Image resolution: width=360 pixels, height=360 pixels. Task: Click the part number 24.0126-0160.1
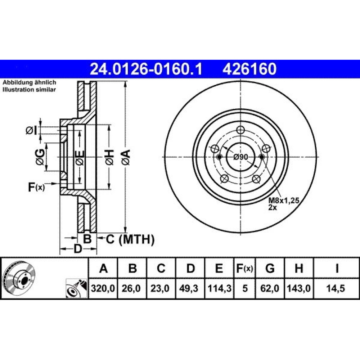pyautogui.click(x=146, y=69)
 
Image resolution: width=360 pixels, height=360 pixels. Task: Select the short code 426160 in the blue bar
pyautogui.click(x=249, y=69)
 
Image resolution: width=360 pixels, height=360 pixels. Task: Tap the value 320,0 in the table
pyautogui.click(x=103, y=288)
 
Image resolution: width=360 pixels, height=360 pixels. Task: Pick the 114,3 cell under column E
pyautogui.click(x=219, y=288)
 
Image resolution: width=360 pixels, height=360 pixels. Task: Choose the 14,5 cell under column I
pyautogui.click(x=337, y=288)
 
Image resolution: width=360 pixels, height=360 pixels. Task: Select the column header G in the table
pyautogui.click(x=270, y=268)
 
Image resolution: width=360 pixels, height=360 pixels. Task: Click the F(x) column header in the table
pyautogui.click(x=245, y=268)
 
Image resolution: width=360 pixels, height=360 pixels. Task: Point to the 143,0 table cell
pyautogui.click(x=299, y=288)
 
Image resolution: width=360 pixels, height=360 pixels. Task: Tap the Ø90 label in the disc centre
pyautogui.click(x=240, y=157)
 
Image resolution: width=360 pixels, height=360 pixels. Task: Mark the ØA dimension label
pyautogui.click(x=126, y=157)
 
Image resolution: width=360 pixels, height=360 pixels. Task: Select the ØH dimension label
pyautogui.click(x=110, y=157)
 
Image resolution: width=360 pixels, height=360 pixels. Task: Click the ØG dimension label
pyautogui.click(x=40, y=157)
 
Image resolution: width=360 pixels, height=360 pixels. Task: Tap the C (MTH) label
pyautogui.click(x=130, y=239)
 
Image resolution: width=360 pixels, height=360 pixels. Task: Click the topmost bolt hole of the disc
pyautogui.click(x=240, y=130)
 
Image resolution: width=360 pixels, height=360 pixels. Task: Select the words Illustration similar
pyautogui.click(x=29, y=90)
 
